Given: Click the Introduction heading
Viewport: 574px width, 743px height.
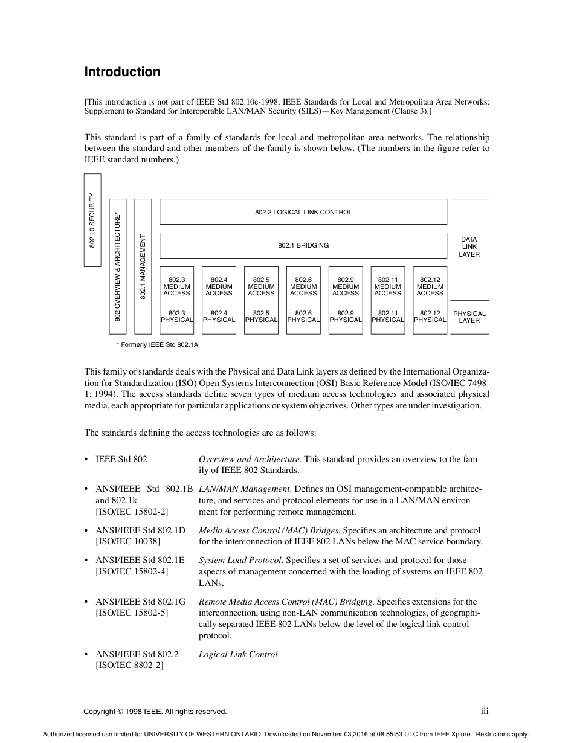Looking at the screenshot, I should (122, 72).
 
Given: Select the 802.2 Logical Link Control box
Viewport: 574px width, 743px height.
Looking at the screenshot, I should (303, 212).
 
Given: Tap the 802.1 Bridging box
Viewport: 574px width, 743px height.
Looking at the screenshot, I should (303, 246).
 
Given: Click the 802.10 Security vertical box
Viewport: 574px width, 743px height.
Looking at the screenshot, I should (92, 220).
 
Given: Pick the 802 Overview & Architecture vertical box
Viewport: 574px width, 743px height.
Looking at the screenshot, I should (118, 266).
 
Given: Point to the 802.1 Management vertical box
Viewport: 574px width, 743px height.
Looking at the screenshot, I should (143, 266).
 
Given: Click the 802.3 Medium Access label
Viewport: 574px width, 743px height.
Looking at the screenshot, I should (176, 286).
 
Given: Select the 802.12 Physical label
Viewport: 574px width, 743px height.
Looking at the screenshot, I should (430, 317).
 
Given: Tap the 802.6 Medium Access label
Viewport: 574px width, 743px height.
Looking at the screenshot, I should (303, 286).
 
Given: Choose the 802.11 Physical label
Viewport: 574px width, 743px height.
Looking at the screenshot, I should (387, 317).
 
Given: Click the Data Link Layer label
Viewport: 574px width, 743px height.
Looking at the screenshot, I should (469, 247).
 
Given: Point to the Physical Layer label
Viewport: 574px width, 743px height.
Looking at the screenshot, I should (469, 317).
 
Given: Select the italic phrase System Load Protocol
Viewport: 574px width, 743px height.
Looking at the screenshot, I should (240, 560).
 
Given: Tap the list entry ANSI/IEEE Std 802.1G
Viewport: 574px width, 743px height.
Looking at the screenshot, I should (140, 602).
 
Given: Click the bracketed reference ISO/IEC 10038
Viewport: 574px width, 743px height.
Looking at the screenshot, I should (128, 541).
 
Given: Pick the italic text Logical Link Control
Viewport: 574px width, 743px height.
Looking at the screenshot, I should (238, 654).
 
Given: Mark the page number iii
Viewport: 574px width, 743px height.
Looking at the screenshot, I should (485, 712).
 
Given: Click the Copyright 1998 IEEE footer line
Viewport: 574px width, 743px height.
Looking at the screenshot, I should (155, 712).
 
